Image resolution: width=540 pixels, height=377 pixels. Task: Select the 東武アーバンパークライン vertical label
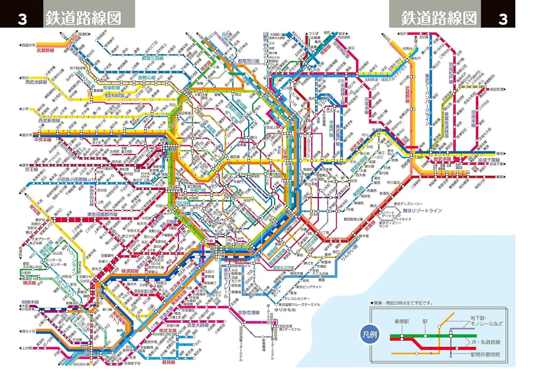427,102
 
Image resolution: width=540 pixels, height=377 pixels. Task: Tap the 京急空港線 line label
246,312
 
